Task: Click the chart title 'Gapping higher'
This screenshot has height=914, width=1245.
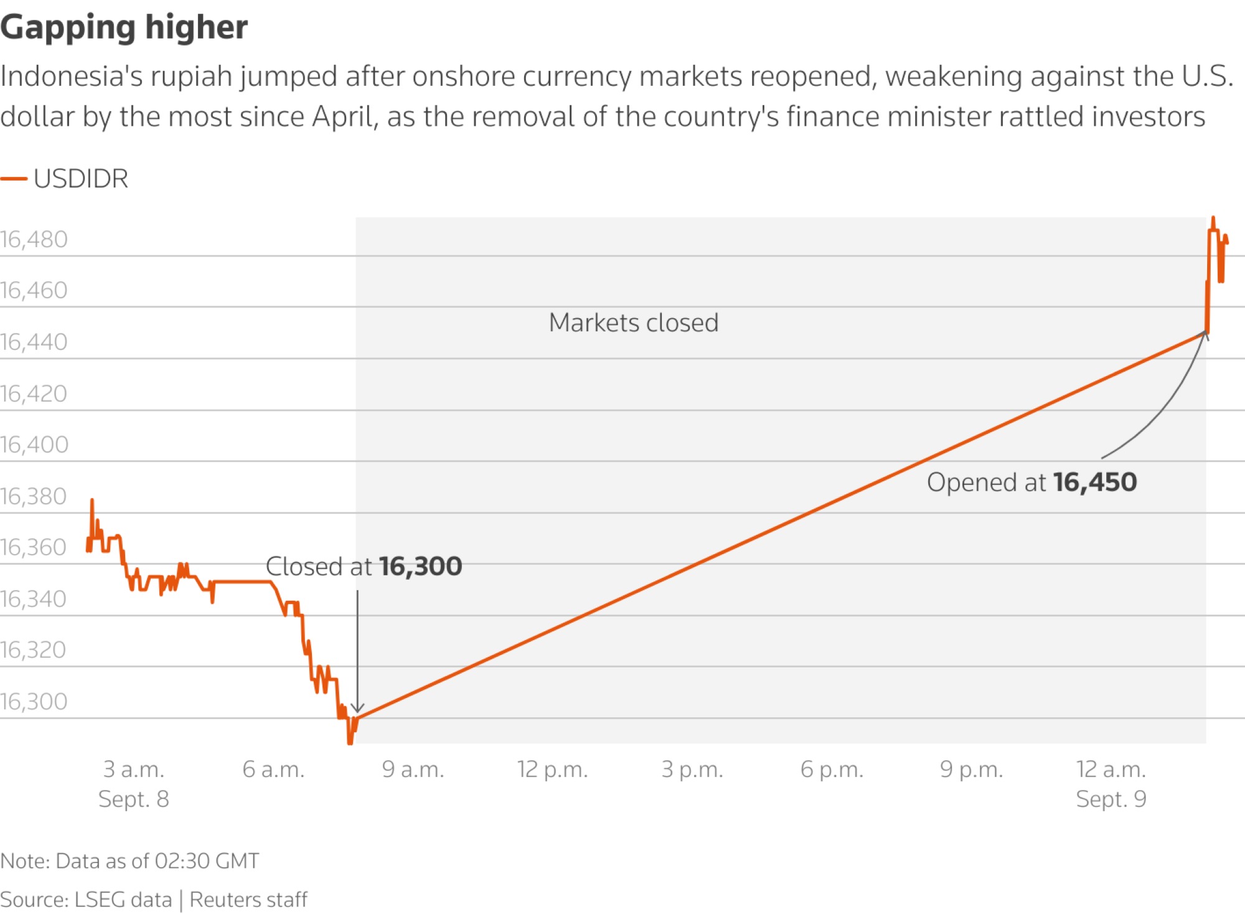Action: click(124, 27)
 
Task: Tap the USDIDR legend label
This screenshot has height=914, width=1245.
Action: click(81, 179)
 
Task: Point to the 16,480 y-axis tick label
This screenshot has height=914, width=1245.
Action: click(34, 240)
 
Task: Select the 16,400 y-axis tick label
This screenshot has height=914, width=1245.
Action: click(34, 445)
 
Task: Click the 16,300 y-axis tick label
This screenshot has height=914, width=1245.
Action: click(34, 702)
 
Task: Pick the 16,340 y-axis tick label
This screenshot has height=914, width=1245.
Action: click(34, 599)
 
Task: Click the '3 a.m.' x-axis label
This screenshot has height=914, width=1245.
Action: click(134, 770)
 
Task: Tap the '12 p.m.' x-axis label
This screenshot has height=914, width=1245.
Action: click(552, 770)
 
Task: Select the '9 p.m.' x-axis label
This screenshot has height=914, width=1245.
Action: click(971, 770)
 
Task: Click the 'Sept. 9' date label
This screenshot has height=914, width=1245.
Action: click(1111, 799)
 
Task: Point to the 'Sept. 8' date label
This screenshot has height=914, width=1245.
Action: click(134, 799)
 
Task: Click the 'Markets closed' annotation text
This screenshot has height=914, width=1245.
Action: click(634, 323)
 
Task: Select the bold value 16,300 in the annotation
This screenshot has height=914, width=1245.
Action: click(421, 567)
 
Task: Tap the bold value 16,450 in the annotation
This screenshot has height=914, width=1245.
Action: click(1095, 483)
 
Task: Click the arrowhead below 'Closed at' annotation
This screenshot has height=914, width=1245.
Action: click(357, 709)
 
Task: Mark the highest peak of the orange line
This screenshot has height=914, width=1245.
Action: click(1213, 219)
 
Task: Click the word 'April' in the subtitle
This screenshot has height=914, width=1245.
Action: click(344, 116)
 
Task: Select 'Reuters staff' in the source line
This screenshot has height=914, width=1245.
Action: click(248, 900)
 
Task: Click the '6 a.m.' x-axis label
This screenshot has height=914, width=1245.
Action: click(273, 770)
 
